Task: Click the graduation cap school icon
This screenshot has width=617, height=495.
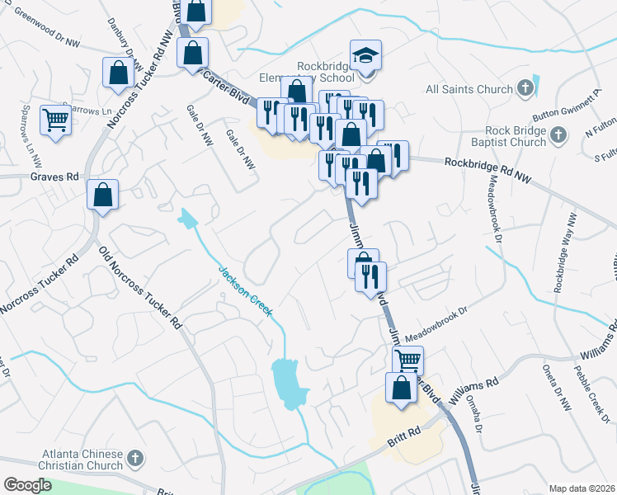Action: (x=365, y=55)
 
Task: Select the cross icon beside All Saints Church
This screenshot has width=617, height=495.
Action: (x=525, y=88)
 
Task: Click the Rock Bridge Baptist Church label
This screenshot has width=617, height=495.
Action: (x=504, y=136)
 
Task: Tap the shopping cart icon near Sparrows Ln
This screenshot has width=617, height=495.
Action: (x=56, y=120)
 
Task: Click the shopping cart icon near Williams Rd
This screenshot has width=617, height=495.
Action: (x=407, y=360)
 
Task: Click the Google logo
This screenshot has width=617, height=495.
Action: (x=27, y=485)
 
